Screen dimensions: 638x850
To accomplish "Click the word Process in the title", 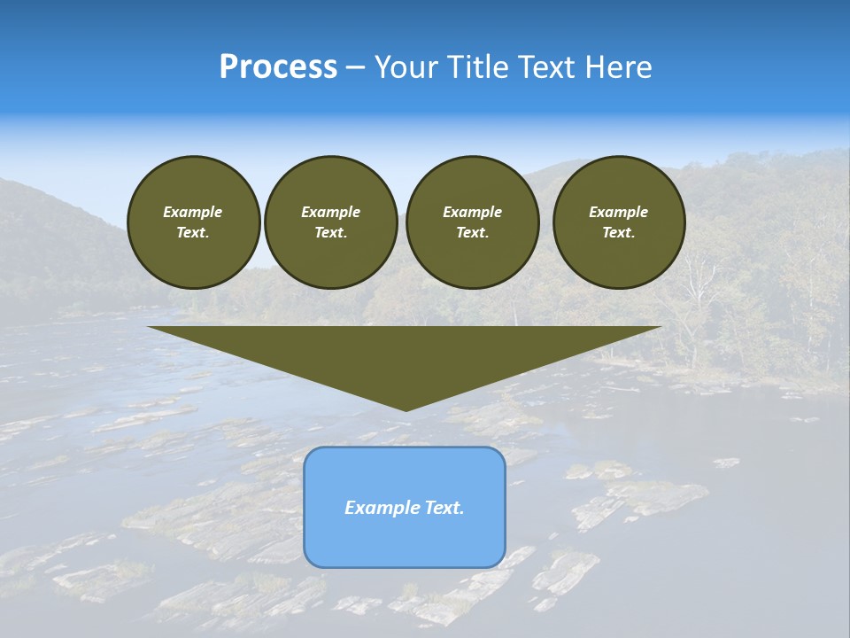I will [x=278, y=67].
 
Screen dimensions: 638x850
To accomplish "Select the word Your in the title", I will [x=407, y=67].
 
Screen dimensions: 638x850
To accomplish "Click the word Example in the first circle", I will [x=193, y=212].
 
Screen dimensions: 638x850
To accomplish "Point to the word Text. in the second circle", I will [x=330, y=233].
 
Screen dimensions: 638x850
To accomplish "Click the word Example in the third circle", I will [x=472, y=212].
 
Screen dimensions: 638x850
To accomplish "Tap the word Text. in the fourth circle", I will [x=618, y=233].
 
